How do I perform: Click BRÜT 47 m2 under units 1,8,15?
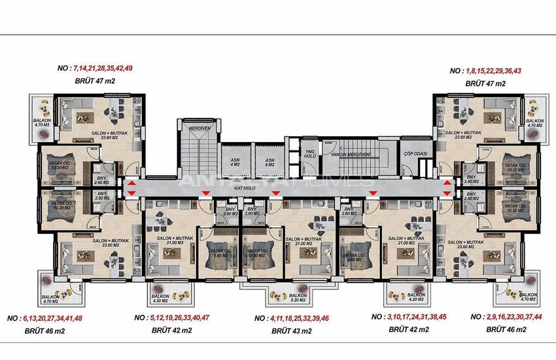pyautogui.click(x=485, y=84)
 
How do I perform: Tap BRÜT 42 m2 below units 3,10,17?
pyautogui.click(x=409, y=329)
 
